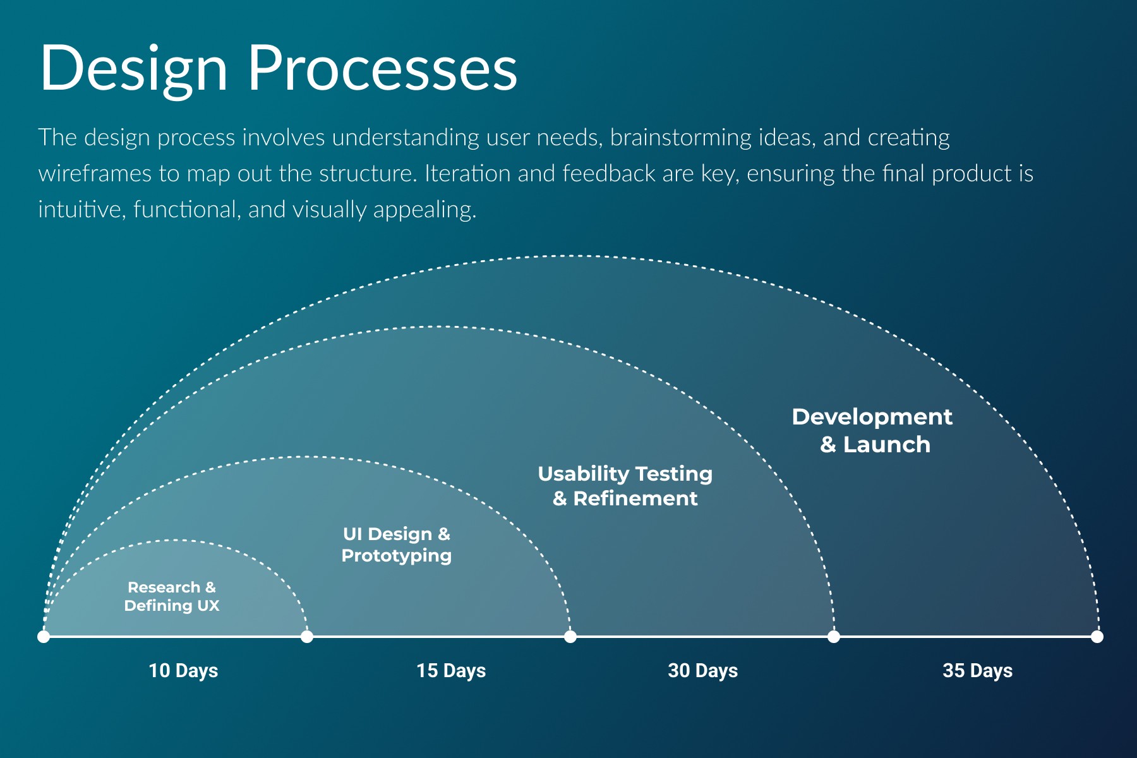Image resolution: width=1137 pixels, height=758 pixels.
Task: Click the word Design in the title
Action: [x=133, y=69]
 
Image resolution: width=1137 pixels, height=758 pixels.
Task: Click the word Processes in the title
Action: [x=382, y=69]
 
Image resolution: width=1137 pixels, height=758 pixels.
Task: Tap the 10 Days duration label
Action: [x=183, y=670]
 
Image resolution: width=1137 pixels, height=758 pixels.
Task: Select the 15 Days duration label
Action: [x=451, y=670]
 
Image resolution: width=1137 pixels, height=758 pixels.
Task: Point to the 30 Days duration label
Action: [x=702, y=670]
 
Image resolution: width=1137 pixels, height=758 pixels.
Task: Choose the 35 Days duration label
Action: [x=977, y=670]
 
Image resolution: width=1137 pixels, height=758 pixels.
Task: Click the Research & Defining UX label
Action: [x=172, y=596]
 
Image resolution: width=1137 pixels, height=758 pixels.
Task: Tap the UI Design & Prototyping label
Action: [x=397, y=544]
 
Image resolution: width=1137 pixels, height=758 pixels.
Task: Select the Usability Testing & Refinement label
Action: [x=625, y=486]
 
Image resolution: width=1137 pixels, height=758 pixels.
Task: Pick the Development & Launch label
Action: [x=872, y=430]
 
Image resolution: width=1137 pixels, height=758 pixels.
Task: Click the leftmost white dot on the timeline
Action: [x=44, y=636]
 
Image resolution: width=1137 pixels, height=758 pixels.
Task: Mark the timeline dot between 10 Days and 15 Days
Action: [x=307, y=636]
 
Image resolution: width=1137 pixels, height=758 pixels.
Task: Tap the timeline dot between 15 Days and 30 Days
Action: [x=570, y=636]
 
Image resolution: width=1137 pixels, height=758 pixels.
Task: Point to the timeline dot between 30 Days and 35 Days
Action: [x=834, y=636]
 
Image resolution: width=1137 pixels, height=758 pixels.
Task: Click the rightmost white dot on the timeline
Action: [x=1097, y=636]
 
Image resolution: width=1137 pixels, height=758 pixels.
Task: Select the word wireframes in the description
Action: [x=95, y=174]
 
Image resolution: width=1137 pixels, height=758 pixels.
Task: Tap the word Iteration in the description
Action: [x=467, y=174]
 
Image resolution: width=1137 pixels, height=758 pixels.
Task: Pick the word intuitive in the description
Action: [x=82, y=210]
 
